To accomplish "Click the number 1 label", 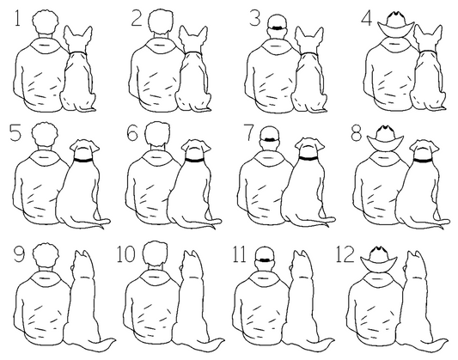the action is pos(17,18).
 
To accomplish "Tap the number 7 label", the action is pos(249,133).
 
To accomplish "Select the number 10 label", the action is pos(126,254).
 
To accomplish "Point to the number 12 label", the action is pos(345,254).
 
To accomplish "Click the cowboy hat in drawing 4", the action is pos(396,24).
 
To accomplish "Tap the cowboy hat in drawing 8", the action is pos(386,138).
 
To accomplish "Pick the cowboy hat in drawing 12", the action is pos(379,259).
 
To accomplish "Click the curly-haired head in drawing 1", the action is pos(45,21).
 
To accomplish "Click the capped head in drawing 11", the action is pos(265,258).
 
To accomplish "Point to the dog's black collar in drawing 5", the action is pos(82,161).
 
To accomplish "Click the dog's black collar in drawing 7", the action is pos(308,159).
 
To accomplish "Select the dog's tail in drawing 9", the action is pos(102,344).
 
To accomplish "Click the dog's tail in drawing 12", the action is pos(434,344).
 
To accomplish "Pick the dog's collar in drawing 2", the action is pos(192,53).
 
